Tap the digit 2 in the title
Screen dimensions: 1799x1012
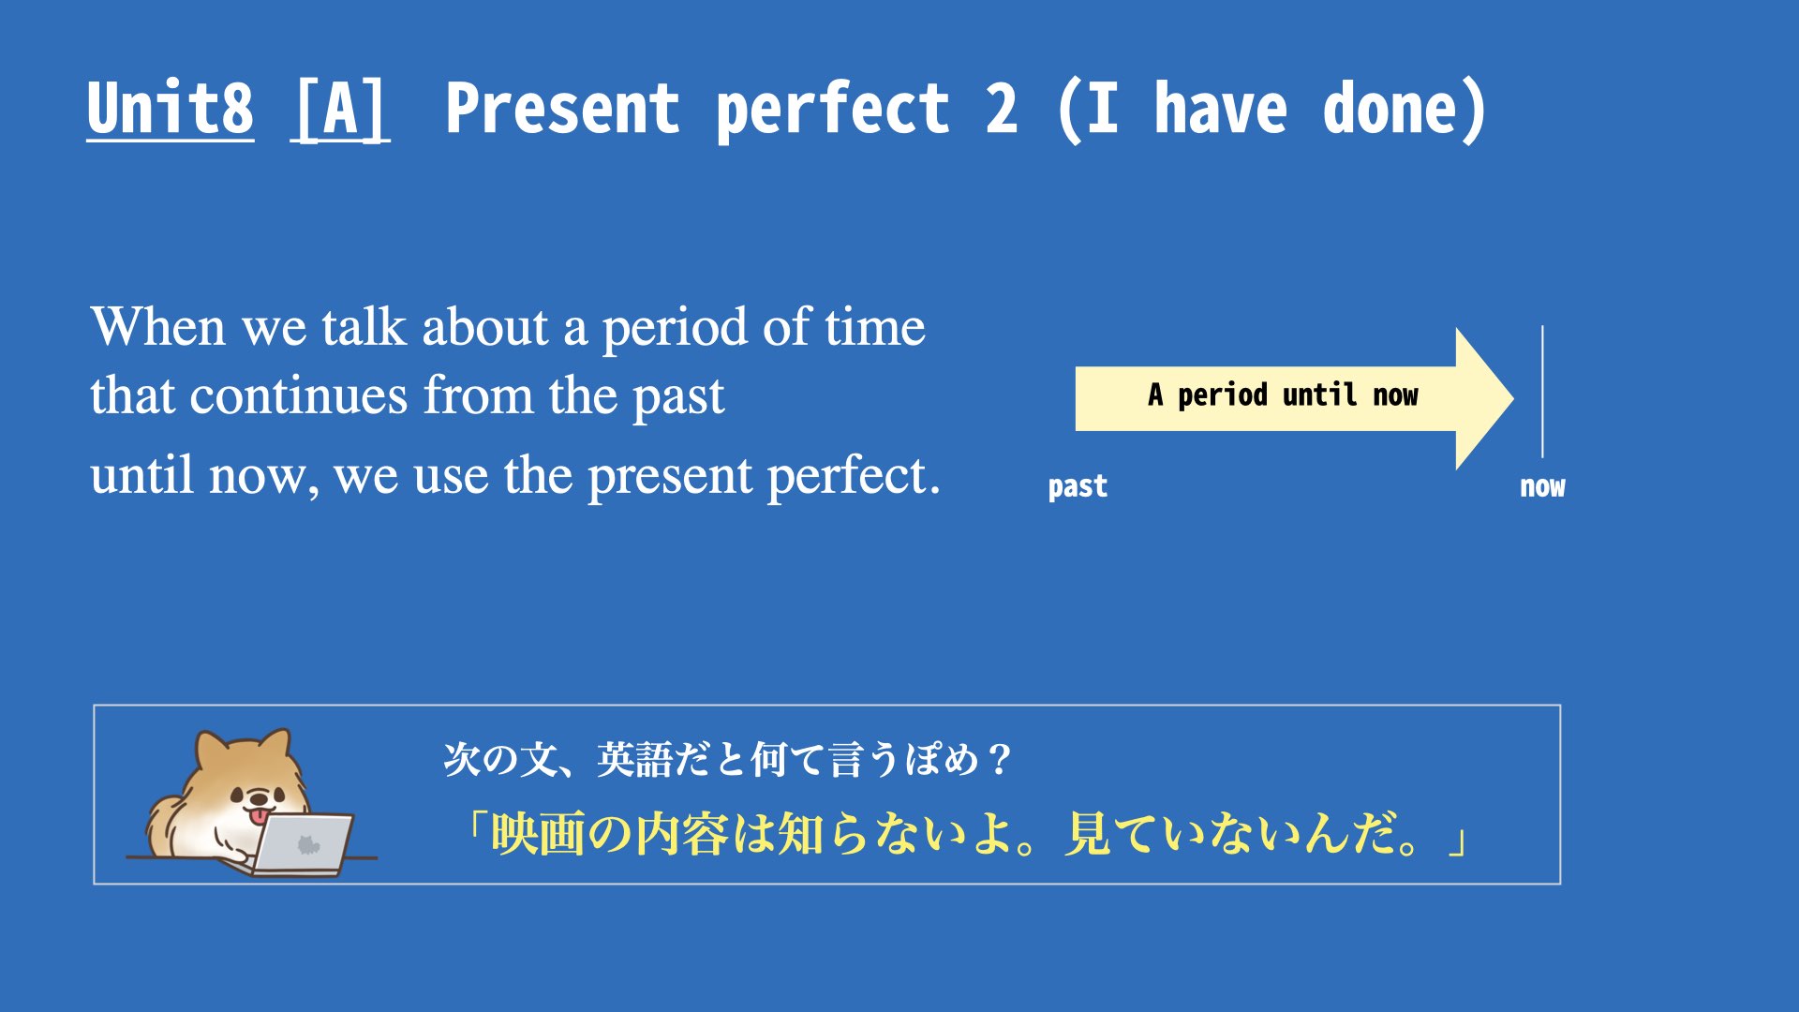(1001, 109)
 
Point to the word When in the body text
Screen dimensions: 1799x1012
(157, 327)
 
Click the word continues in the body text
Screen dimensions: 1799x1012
(299, 395)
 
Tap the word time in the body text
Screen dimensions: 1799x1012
(875, 327)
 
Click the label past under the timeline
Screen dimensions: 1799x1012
(1078, 487)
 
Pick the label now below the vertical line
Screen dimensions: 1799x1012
(1542, 487)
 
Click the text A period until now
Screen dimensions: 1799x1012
(1283, 395)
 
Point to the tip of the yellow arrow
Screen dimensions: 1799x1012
(1513, 398)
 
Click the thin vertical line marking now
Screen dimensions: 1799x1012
(1542, 392)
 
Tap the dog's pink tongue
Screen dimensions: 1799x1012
(256, 818)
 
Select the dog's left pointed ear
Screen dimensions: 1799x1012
(210, 752)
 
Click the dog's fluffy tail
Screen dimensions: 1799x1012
(164, 825)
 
